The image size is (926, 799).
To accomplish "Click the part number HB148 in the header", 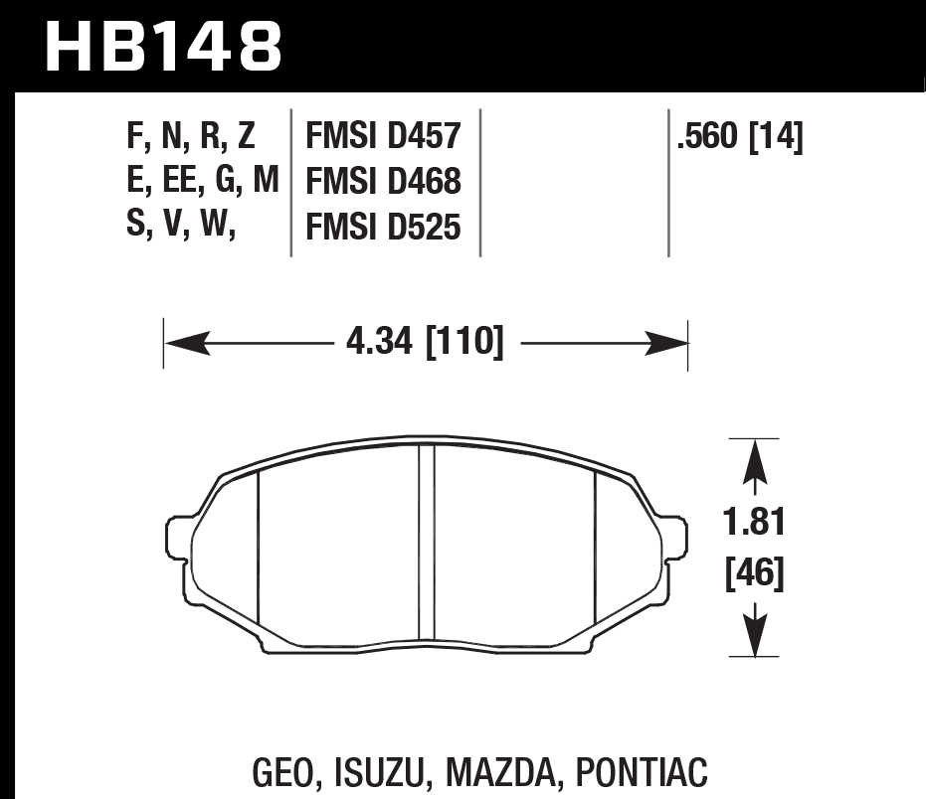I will tap(164, 45).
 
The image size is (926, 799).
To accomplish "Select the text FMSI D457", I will tap(383, 136).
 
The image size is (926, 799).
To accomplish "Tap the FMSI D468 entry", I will tap(383, 182).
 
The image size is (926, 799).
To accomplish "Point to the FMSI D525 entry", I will tap(383, 228).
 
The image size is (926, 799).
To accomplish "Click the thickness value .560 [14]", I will tap(739, 136).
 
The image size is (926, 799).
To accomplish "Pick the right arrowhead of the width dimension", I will tap(667, 344).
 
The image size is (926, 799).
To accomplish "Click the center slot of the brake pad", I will tap(427, 542).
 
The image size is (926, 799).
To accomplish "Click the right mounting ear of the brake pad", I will tap(674, 538).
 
